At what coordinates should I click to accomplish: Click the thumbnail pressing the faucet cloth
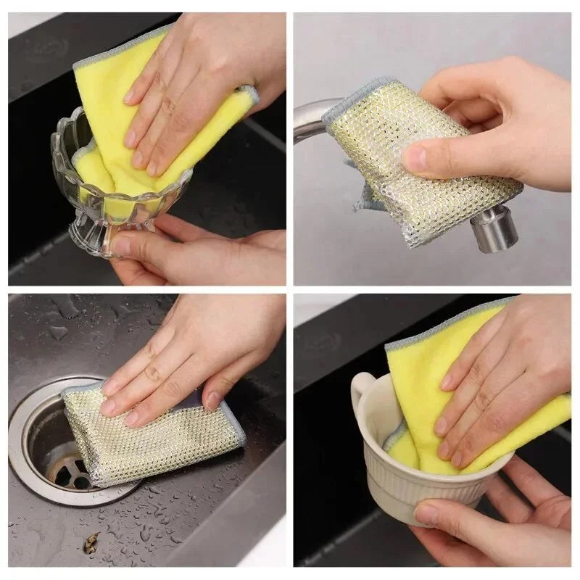[415, 159]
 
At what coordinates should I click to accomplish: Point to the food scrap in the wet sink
[90, 542]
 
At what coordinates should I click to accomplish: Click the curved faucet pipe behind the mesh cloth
[308, 120]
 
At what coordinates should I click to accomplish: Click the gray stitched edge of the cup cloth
[442, 323]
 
